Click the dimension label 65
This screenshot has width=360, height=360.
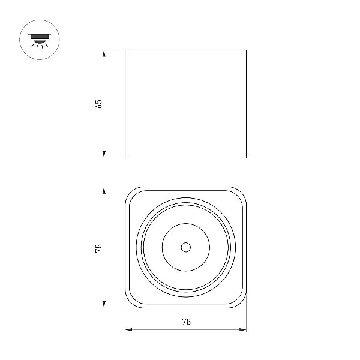click(98, 104)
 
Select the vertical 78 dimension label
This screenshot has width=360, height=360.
click(98, 248)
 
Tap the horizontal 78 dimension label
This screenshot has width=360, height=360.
click(187, 322)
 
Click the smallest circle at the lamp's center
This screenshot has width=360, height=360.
click(186, 247)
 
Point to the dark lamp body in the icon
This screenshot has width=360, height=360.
click(40, 37)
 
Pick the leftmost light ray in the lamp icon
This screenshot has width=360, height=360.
click(33, 45)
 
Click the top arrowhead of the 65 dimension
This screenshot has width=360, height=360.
click(104, 53)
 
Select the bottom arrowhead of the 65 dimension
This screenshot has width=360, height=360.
click(104, 155)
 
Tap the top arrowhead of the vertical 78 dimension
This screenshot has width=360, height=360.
click(104, 191)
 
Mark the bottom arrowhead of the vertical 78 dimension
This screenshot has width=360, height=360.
click(104, 304)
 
